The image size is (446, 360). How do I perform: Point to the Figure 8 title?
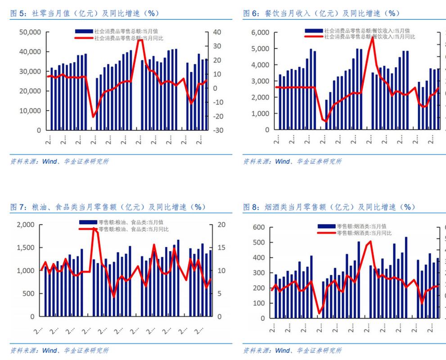pyautogui.click(x=329, y=207)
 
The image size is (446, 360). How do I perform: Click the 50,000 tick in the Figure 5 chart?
pyautogui.click(x=30, y=32)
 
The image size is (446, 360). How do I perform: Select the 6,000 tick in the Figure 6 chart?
pyautogui.click(x=260, y=32)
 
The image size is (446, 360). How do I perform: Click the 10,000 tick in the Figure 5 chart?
pyautogui.click(x=30, y=111)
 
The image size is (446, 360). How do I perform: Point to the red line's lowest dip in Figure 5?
pyautogui.click(x=94, y=117)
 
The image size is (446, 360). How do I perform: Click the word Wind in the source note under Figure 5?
pyautogui.click(x=50, y=161)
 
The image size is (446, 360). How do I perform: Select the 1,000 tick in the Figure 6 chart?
pyautogui.click(x=260, y=113)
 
